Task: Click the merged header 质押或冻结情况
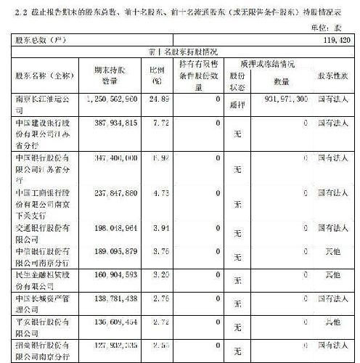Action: tap(262, 64)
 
